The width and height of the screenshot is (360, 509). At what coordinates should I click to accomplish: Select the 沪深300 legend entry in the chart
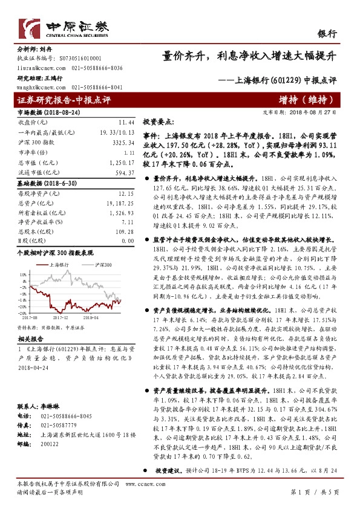[100, 265]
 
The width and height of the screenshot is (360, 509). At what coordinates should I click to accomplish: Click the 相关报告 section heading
[29, 340]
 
